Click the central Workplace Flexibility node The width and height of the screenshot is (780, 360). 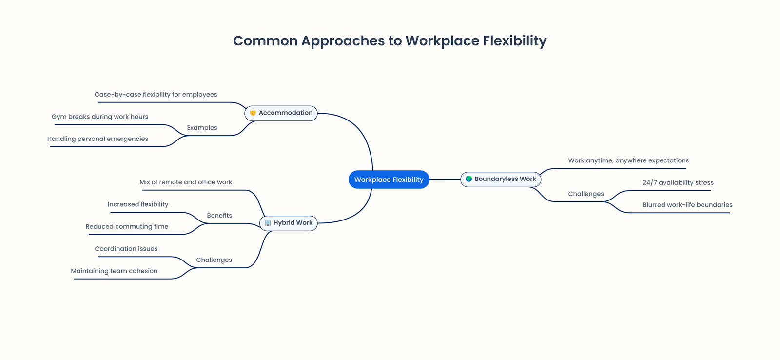[x=389, y=180]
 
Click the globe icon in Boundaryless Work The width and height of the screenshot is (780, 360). [x=468, y=179]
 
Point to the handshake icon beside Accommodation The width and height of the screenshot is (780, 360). [x=253, y=113]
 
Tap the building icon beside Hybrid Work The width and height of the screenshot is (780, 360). [x=268, y=223]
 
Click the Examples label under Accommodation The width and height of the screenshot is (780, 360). [x=202, y=128]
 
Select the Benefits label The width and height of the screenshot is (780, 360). [x=219, y=216]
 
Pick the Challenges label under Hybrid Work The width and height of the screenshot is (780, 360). [x=214, y=260]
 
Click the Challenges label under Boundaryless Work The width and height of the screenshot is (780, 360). [x=585, y=194]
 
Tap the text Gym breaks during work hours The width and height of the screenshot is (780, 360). [x=100, y=117]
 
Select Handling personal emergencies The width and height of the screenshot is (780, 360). [x=97, y=139]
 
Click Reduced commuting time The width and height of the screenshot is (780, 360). [x=127, y=227]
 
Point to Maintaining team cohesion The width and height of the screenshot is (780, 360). [x=114, y=271]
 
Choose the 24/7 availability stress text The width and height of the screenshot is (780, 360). [x=678, y=183]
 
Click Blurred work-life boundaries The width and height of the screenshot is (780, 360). [x=687, y=205]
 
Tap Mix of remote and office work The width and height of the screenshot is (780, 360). [x=186, y=182]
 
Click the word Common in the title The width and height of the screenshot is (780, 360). [x=265, y=41]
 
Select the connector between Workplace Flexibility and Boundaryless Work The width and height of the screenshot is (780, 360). [x=445, y=180]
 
